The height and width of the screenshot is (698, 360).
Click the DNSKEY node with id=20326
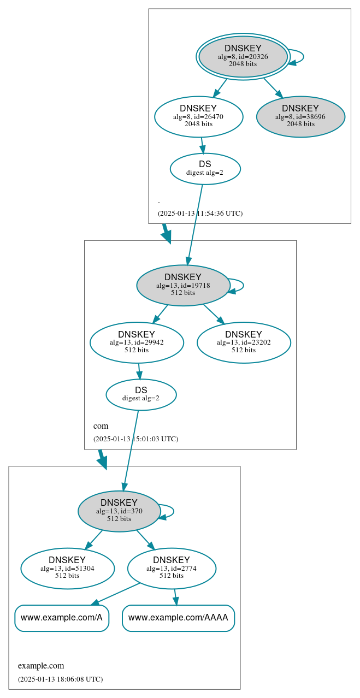coord(243,57)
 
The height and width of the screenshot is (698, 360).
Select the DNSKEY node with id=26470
coord(198,116)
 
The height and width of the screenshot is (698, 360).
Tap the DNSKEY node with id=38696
coord(300,116)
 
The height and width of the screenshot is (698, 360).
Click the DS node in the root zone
coord(205,169)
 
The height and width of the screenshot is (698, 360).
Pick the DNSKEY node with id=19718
coord(183,285)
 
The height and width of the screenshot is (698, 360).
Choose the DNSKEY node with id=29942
coord(137,342)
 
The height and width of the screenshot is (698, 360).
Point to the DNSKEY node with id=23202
coord(244,342)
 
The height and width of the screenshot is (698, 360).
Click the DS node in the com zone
coord(141,394)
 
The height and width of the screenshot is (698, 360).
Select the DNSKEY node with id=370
coord(119,511)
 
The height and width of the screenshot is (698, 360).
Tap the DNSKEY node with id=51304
coord(67,568)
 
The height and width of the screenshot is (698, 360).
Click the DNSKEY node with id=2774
coord(172,568)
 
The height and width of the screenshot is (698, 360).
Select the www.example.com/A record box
coord(62,618)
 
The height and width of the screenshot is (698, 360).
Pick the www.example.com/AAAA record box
coord(178,618)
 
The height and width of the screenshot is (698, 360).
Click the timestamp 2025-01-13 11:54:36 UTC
coord(200,214)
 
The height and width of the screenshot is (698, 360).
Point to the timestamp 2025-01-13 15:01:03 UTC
coord(135,439)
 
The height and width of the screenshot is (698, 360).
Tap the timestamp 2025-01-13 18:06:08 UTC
coord(60,679)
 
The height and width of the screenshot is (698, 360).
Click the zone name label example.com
coord(41,666)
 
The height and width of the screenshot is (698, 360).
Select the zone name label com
coord(101,426)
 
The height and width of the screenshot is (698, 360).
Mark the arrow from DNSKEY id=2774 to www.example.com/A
coord(116,594)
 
